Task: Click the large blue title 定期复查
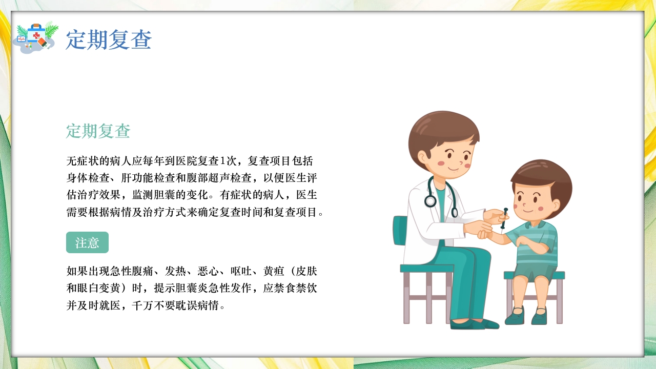pyautogui.click(x=109, y=40)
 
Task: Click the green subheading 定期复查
pyautogui.click(x=98, y=131)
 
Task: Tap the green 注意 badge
pyautogui.click(x=87, y=242)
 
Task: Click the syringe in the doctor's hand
pyautogui.click(x=504, y=218)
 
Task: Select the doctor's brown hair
pyautogui.click(x=441, y=126)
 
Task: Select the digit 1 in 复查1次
pyautogui.click(x=223, y=160)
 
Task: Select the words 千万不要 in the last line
pyautogui.click(x=152, y=306)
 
